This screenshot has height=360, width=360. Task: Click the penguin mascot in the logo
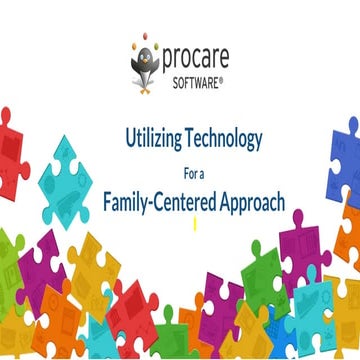pos(146,61)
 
